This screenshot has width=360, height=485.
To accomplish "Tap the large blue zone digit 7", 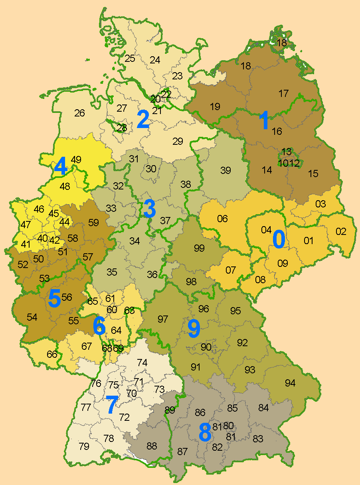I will tap(111, 405).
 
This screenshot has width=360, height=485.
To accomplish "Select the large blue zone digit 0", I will tap(279, 239).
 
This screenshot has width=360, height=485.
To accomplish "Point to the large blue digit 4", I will tap(60, 167).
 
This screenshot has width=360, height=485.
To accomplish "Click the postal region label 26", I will tap(79, 113).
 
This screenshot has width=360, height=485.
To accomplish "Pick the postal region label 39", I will tap(225, 170).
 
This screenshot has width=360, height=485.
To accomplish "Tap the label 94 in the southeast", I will tap(290, 383).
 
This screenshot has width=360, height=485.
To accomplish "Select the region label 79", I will tap(84, 446).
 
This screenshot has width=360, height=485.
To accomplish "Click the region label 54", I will tap(32, 317).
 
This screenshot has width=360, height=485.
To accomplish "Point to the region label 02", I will tap(341, 231).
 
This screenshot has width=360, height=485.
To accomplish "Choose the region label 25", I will tap(130, 58).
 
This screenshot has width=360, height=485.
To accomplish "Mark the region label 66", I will tap(52, 354).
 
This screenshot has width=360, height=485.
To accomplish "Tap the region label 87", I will tap(182, 451).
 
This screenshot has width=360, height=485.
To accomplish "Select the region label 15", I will tap(313, 173).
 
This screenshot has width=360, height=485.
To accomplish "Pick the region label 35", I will tap(112, 272).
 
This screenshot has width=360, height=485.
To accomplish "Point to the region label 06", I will tap(222, 219).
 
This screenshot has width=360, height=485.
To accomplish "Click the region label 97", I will tap(162, 319).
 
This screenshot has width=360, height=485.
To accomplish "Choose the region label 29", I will tap(178, 141).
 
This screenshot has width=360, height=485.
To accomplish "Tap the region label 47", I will tap(26, 225).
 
